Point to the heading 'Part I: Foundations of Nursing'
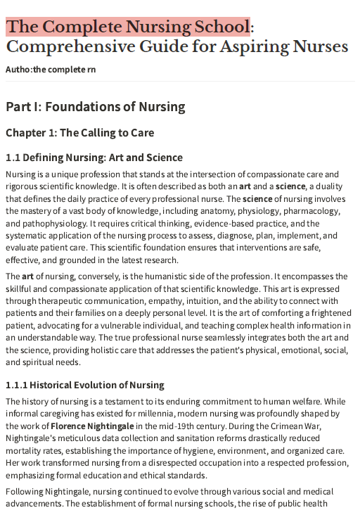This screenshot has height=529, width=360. point(95,107)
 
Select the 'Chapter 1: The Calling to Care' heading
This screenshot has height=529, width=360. point(79,132)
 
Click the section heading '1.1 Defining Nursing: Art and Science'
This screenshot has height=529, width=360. point(94,158)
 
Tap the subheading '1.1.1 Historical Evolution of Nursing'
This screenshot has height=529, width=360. point(84,385)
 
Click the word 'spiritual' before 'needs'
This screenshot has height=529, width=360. point(27,363)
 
